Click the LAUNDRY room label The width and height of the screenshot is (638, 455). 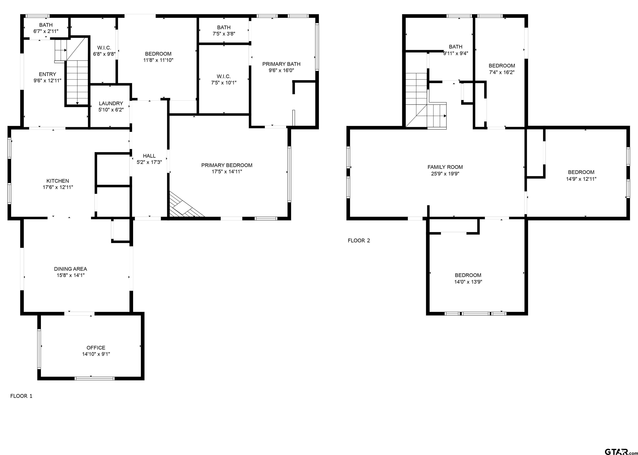111,103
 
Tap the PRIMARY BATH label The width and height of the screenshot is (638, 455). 281,64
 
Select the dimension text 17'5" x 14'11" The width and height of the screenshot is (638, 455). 227,172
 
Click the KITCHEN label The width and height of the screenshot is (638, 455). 58,181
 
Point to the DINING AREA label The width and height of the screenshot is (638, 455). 71,269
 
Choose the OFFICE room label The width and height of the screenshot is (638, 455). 96,347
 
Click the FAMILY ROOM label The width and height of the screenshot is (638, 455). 445,167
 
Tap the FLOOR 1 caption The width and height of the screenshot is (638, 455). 21,396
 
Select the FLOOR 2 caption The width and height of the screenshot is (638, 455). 359,240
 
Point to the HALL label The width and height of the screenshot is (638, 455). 149,156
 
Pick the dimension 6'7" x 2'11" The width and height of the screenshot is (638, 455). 46,31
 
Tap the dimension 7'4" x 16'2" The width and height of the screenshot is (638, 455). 502,72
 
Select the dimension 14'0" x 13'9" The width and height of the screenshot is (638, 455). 468,282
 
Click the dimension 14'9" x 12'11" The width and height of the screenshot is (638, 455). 581,179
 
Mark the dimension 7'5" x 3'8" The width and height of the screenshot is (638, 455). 224,34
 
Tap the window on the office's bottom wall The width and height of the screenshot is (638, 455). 95,379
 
